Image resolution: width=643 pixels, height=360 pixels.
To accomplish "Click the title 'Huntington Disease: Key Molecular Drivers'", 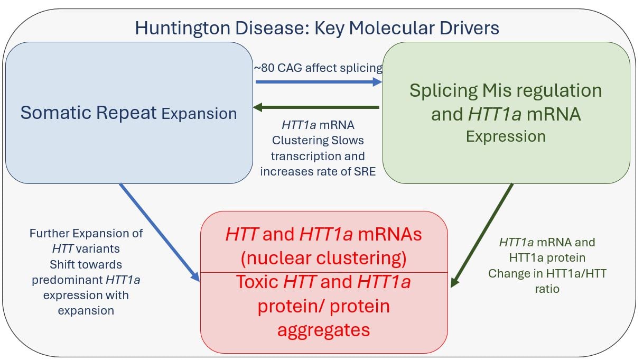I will click(317, 28).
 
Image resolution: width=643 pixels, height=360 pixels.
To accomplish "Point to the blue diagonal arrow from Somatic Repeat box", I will click(159, 232).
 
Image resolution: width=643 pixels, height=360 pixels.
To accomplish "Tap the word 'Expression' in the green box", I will click(506, 136).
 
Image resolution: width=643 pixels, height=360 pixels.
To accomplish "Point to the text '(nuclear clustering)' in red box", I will click(324, 258).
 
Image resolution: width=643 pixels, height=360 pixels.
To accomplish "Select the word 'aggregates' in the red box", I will click(324, 330).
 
